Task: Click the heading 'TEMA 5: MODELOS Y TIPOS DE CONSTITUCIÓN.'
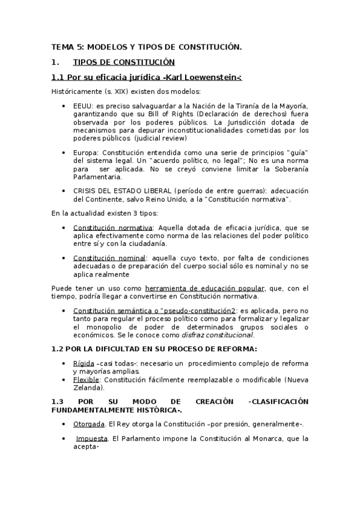(147, 46)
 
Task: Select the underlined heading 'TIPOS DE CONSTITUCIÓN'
(123, 62)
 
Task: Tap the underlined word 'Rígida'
(83, 364)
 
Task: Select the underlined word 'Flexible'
(85, 380)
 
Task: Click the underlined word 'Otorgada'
(90, 424)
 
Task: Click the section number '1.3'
(57, 401)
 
